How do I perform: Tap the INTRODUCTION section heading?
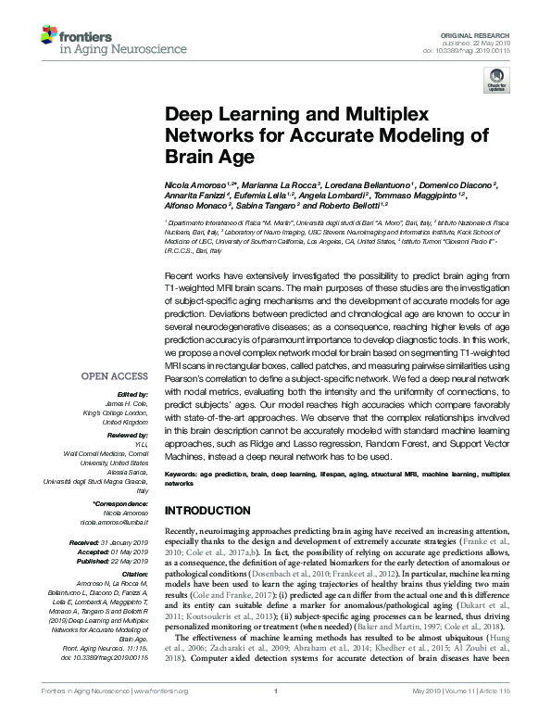pos(208,512)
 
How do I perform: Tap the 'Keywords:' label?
pos(182,475)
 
